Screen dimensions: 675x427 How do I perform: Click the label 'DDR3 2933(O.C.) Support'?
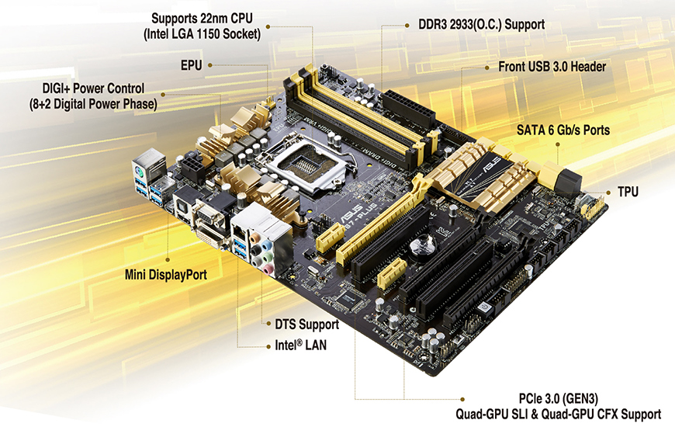coord(481,25)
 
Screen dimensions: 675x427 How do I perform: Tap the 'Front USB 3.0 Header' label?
coord(552,67)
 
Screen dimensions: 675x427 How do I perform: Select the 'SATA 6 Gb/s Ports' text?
coord(563,130)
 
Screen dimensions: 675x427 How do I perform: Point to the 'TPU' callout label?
coord(628,192)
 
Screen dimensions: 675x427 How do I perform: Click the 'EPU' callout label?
coord(191,65)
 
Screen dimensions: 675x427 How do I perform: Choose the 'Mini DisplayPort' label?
coord(166,275)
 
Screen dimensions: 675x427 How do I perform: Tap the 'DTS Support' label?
coord(307,325)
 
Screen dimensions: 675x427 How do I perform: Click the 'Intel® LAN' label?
coord(300,345)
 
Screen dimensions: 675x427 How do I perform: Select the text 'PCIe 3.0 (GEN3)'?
coord(559,398)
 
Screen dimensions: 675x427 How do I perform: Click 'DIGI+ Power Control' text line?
coord(93,89)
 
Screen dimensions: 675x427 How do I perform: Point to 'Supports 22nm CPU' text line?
coord(202,19)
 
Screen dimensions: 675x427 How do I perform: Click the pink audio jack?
coord(268,270)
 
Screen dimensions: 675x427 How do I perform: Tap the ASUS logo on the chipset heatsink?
coord(492,164)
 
